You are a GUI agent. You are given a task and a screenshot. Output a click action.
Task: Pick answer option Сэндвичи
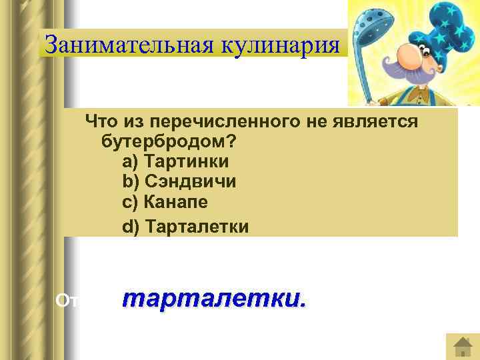tap(190, 181)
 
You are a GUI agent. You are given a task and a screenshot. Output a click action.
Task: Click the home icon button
tap(462, 346)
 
